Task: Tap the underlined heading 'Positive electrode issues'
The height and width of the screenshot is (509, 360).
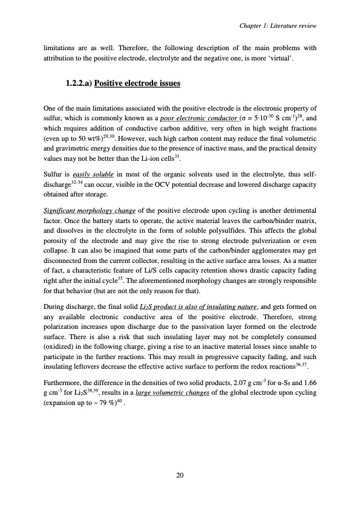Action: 137,82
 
